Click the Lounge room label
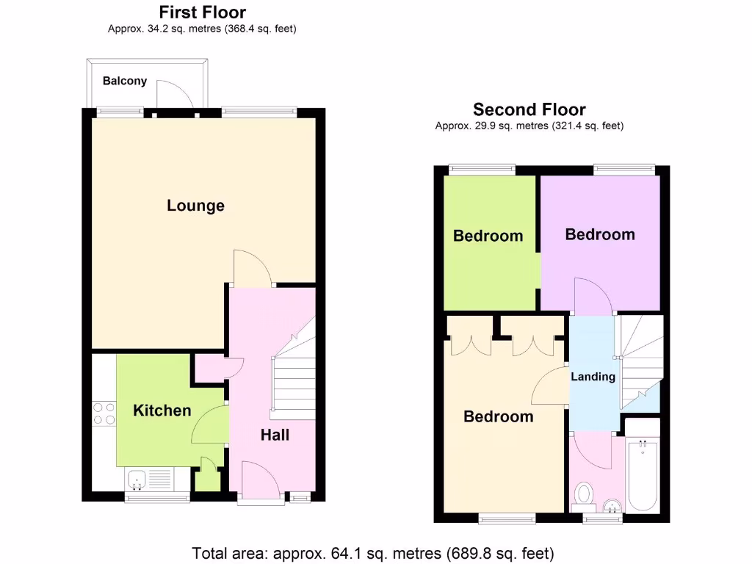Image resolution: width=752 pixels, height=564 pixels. (x=195, y=206)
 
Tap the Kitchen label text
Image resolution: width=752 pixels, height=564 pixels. (x=162, y=411)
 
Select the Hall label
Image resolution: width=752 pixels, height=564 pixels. (x=275, y=435)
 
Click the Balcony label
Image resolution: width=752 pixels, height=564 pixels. (x=124, y=81)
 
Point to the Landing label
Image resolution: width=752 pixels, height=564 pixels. (x=593, y=377)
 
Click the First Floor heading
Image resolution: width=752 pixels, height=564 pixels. (x=202, y=12)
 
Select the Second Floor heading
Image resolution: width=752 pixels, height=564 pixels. (x=529, y=110)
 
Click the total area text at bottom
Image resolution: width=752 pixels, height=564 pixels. (x=372, y=552)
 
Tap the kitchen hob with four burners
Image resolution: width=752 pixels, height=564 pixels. (x=104, y=414)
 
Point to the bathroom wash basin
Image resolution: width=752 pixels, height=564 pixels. (x=610, y=505)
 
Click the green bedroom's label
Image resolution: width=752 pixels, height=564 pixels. (x=488, y=236)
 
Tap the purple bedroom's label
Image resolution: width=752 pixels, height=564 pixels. (x=599, y=234)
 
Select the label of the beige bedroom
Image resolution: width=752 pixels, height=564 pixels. (x=498, y=416)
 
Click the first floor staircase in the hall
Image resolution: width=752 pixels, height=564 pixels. (x=293, y=382)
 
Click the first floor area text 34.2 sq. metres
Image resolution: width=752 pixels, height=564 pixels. (x=202, y=29)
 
